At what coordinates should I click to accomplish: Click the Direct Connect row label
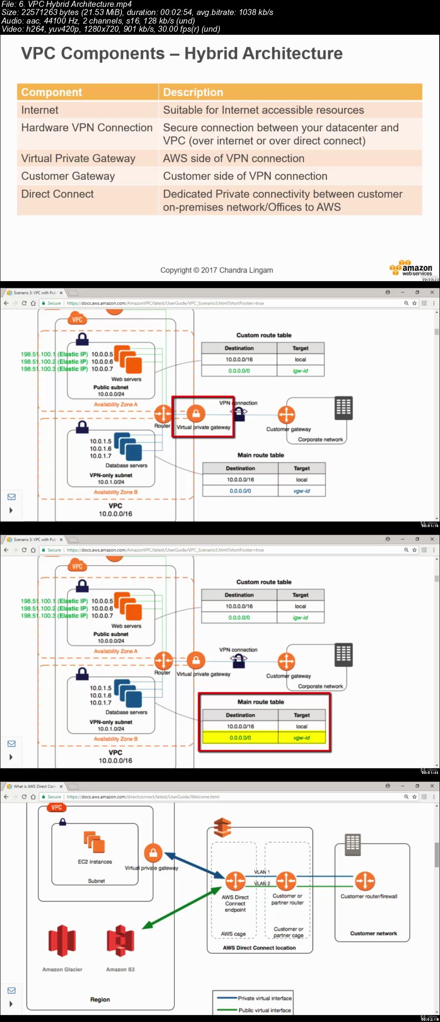pos(58,194)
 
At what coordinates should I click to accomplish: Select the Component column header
pos(52,92)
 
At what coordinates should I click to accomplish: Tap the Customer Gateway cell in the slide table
pos(68,176)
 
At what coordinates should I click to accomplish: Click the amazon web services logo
pos(411,268)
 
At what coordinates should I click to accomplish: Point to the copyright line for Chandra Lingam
pos(217,270)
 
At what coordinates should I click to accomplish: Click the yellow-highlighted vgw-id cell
pos(302,737)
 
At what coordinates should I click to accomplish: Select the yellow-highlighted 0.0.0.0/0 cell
pos(240,737)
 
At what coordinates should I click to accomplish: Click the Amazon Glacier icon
pos(62,940)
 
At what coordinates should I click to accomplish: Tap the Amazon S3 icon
pos(120,940)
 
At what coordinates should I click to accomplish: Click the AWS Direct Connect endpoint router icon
pos(235,881)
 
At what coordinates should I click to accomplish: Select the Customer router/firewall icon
pos(365,881)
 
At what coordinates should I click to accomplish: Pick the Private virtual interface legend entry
pos(264,998)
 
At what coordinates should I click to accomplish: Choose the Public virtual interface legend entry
pos(264,1010)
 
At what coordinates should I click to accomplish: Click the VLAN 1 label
pos(262,872)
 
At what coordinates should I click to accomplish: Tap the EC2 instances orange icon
pos(95,842)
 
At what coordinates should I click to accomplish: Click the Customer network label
pos(373,933)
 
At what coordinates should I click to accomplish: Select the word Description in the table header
pos(193,92)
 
